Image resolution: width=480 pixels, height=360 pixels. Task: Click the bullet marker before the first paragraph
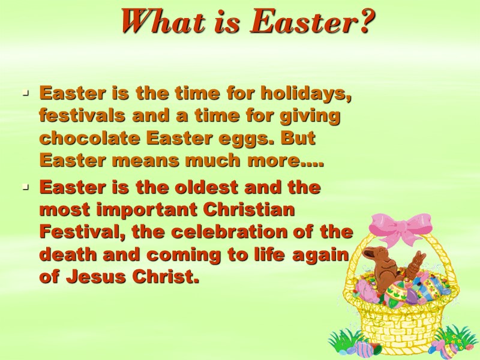point(25,95)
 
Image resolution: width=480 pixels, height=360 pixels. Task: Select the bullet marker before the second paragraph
point(25,188)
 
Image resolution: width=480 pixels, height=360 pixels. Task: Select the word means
point(134,160)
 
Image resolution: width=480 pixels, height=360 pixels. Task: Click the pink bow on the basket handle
point(398,229)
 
